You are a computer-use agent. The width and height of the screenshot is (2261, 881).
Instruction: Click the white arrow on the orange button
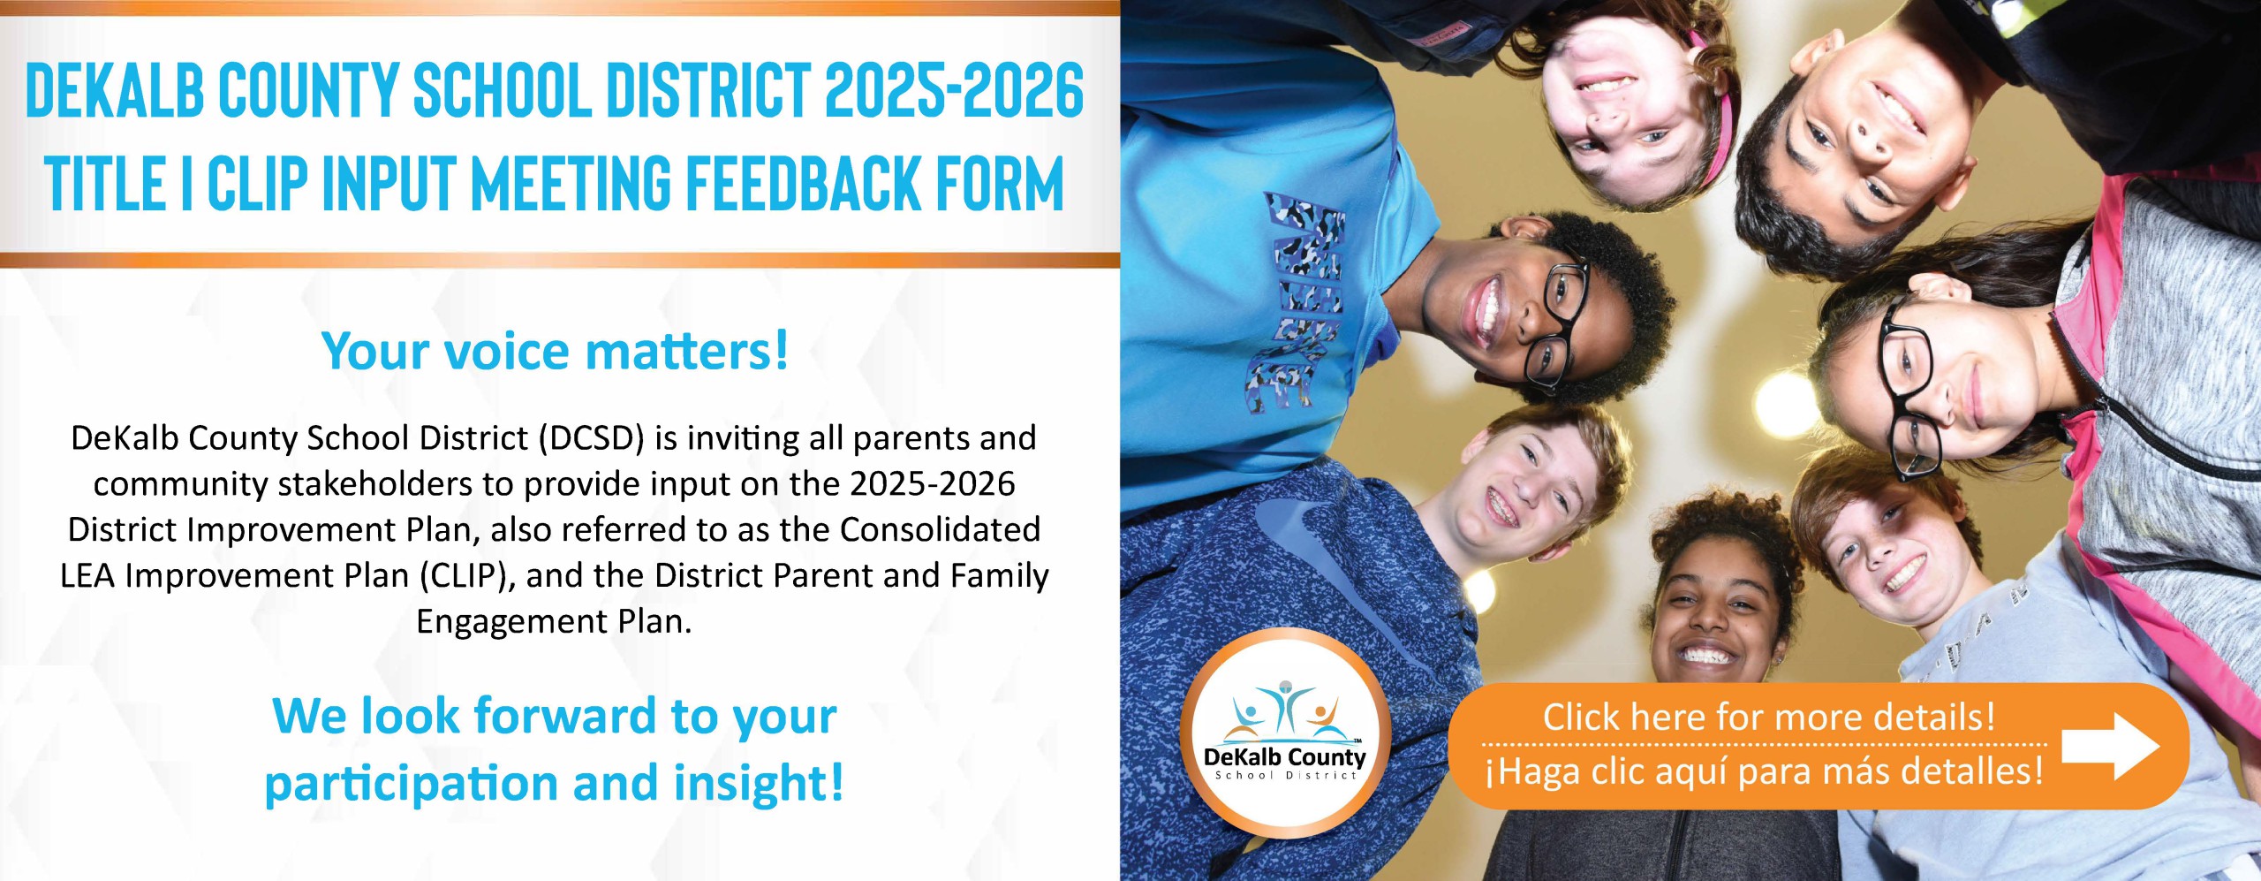tap(2110, 747)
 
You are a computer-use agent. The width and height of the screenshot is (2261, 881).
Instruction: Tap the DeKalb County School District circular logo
tap(1285, 733)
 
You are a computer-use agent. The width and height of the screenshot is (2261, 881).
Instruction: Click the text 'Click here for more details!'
tap(1769, 717)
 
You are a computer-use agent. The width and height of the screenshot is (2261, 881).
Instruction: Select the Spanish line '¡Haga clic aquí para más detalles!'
tap(1765, 771)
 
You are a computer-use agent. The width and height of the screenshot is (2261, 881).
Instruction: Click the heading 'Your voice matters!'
tap(555, 351)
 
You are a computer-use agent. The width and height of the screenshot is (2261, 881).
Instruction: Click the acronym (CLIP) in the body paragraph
tap(467, 576)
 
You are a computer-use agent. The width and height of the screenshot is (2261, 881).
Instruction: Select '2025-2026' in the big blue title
tap(954, 90)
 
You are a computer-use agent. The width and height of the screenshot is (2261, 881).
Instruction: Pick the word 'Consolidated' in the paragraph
tap(940, 529)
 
